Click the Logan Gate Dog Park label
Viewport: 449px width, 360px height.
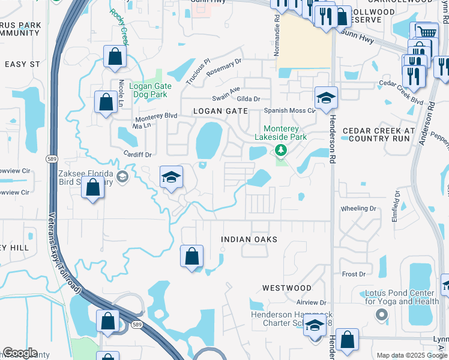click(x=151, y=90)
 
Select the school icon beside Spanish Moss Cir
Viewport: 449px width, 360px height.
click(x=326, y=98)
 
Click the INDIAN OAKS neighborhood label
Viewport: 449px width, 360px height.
click(x=249, y=239)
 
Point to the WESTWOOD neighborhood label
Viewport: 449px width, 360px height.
click(x=287, y=289)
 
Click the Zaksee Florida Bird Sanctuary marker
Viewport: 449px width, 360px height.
click(x=122, y=176)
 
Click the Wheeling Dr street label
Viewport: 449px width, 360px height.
click(x=358, y=209)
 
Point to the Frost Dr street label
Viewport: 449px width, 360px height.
click(x=354, y=274)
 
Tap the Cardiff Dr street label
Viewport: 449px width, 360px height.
click(x=138, y=154)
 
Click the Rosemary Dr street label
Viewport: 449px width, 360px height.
click(x=223, y=67)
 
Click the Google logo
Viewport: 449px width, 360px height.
click(x=20, y=353)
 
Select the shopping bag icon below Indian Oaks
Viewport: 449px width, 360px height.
click(x=191, y=256)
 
